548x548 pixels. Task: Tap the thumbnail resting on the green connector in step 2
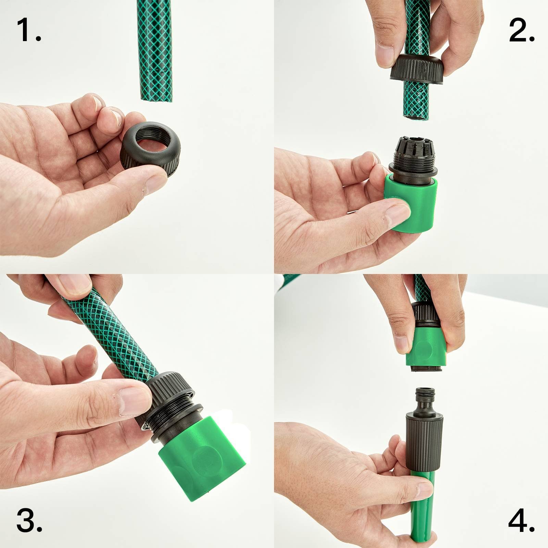[x=398, y=214]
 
